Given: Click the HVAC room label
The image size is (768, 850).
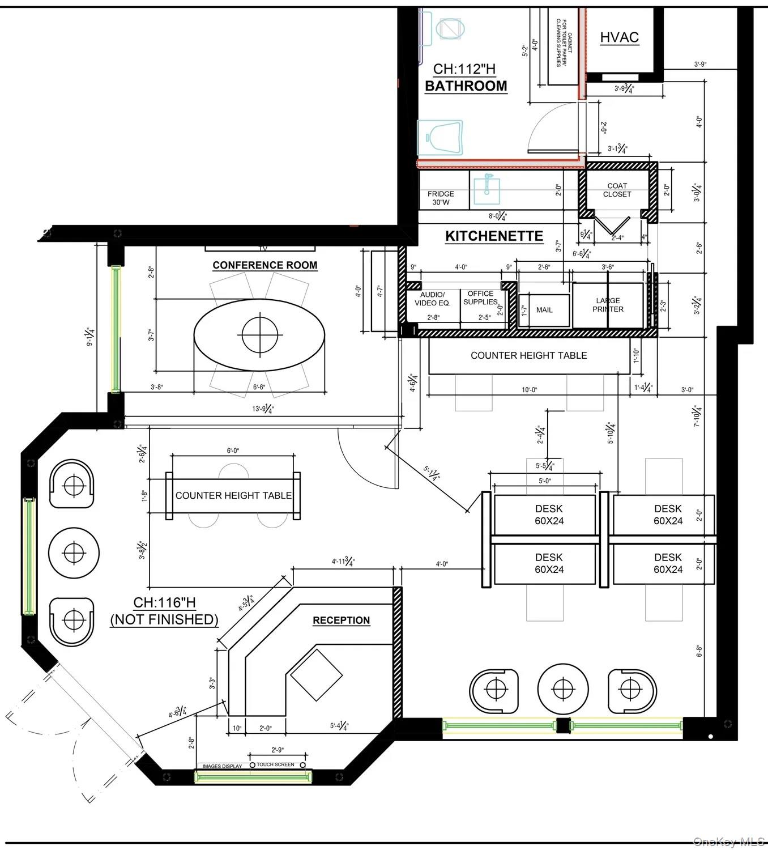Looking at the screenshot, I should pyautogui.click(x=619, y=37).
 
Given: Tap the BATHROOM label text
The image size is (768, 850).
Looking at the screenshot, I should pyautogui.click(x=466, y=86).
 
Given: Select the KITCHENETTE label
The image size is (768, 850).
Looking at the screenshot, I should pyautogui.click(x=494, y=236).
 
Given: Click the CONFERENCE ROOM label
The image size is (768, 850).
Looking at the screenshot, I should pyautogui.click(x=264, y=265).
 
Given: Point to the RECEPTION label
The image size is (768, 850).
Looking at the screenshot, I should pyautogui.click(x=341, y=620).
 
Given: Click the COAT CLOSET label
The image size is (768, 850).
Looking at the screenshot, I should pyautogui.click(x=617, y=190).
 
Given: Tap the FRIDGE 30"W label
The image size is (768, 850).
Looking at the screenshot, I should pyautogui.click(x=441, y=198).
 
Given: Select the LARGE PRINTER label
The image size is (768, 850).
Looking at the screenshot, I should pyautogui.click(x=608, y=305).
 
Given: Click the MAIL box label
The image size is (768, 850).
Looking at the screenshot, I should pyautogui.click(x=544, y=310).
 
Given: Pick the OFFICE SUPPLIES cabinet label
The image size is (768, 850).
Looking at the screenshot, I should pyautogui.click(x=480, y=297).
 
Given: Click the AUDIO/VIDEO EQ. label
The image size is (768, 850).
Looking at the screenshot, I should pyautogui.click(x=433, y=299).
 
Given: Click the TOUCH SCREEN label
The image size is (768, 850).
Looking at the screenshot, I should pyautogui.click(x=275, y=764).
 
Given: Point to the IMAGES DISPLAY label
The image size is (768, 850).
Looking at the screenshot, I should pyautogui.click(x=222, y=766).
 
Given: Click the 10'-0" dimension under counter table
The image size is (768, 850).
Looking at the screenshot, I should pyautogui.click(x=529, y=390).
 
